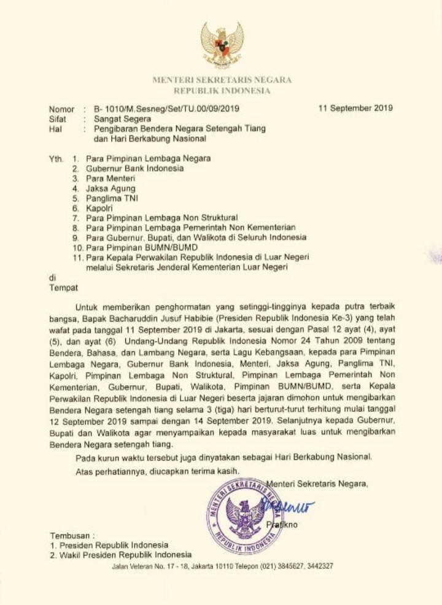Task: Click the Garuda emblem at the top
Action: (222, 44)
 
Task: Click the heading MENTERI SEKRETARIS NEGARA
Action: (222, 80)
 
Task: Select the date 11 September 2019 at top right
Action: (356, 108)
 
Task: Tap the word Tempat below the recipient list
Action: (63, 287)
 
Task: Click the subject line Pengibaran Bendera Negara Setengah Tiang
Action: (180, 129)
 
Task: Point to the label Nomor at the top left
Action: (61, 109)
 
